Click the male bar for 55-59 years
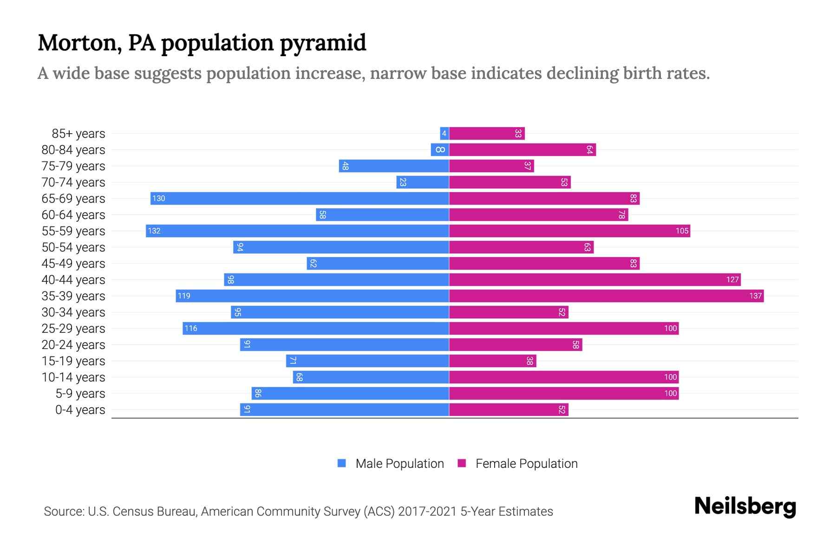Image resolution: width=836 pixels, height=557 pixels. coord(297,231)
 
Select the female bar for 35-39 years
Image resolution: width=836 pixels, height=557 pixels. coord(606,296)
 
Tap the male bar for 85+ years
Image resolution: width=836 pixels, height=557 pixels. coord(444,134)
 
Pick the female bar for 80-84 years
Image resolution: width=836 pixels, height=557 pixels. coord(522,150)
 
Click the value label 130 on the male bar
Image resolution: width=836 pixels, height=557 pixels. coord(159,199)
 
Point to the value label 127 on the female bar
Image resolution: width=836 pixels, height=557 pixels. coord(732,279)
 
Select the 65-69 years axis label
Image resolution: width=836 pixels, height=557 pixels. coord(73,199)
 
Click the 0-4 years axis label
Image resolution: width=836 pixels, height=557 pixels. coord(80,410)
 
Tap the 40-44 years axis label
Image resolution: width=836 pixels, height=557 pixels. coord(73,280)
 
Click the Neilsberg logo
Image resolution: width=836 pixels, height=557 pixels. coord(745,506)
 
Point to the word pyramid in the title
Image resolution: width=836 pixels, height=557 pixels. coord(323,43)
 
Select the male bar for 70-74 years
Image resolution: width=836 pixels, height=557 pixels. coord(422,182)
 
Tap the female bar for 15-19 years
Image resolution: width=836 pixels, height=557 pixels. coord(492,361)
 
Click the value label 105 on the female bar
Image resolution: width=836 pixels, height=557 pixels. coord(682,231)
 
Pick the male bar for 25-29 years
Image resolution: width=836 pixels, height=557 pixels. coord(316,328)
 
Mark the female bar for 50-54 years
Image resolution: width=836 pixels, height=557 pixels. coord(521,247)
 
